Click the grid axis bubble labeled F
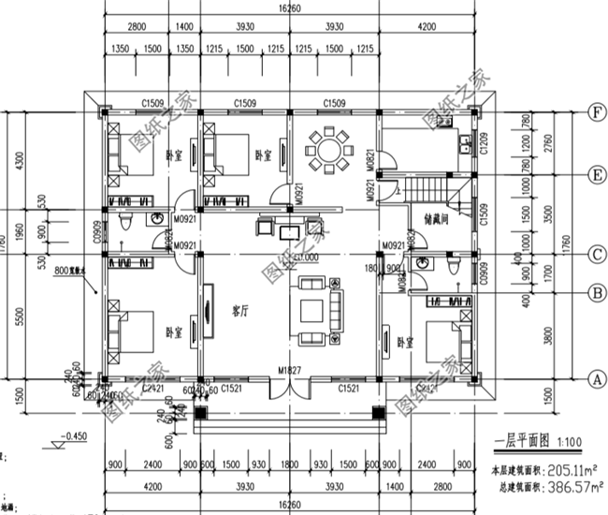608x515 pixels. pos(594,113)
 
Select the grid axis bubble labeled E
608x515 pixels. pos(594,175)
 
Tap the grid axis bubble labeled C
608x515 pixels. pos(594,254)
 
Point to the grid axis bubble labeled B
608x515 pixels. pos(594,292)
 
